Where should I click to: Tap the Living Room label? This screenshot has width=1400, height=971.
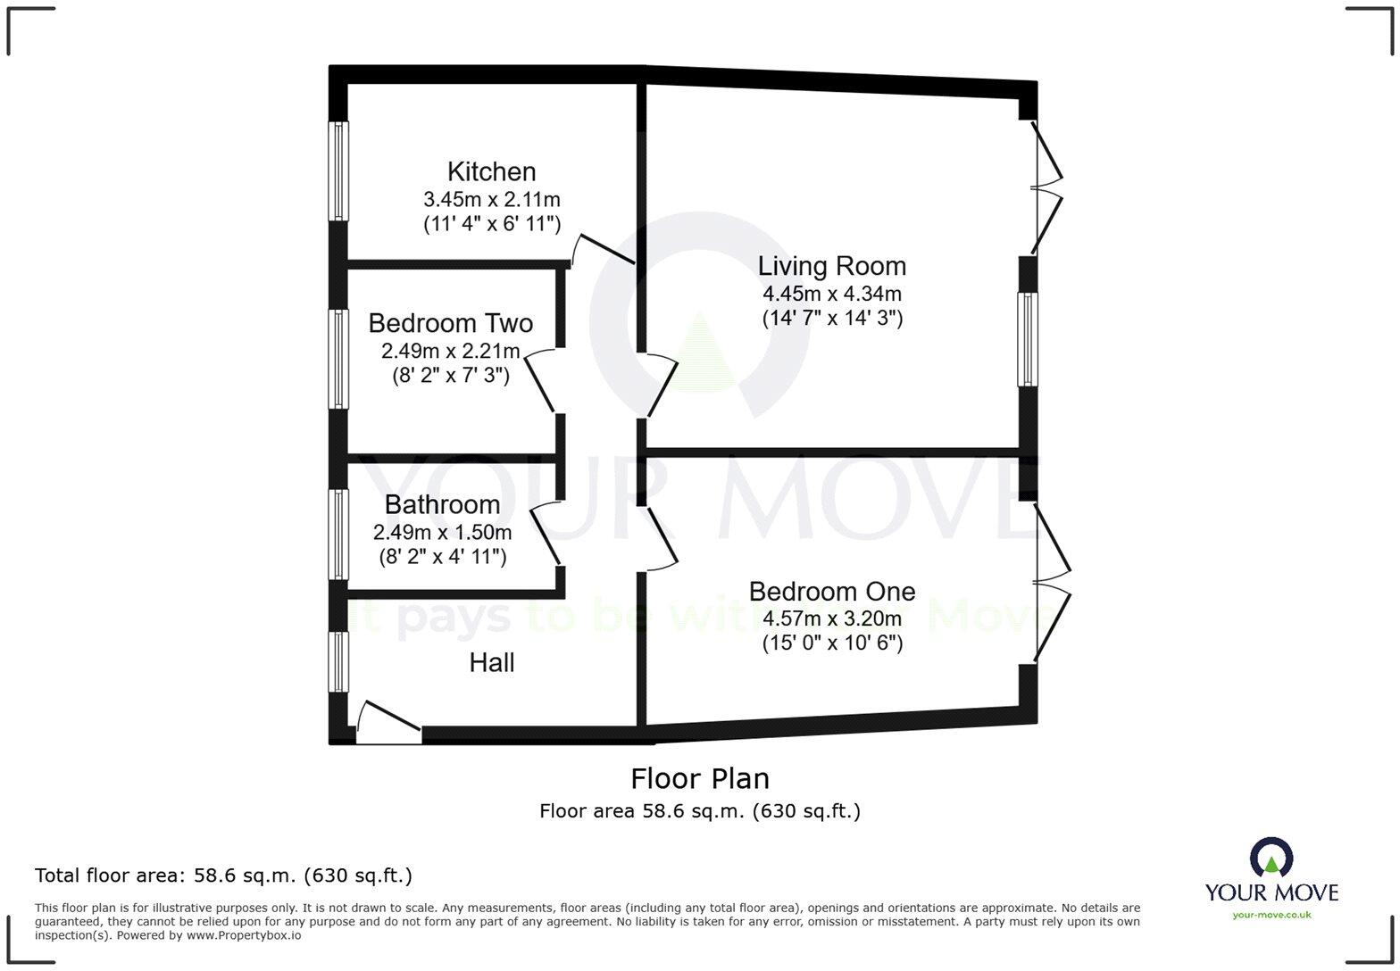click(831, 266)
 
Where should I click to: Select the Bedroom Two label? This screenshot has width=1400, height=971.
click(450, 323)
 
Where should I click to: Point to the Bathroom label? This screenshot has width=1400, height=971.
click(442, 505)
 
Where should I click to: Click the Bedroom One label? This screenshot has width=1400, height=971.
click(831, 592)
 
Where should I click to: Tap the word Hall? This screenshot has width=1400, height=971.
click(492, 663)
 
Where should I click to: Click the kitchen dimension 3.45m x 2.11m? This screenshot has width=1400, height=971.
click(491, 199)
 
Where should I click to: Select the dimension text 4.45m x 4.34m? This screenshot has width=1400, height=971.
click(831, 294)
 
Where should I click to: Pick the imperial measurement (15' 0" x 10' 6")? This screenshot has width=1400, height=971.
click(831, 643)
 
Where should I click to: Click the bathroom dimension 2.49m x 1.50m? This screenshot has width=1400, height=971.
click(442, 533)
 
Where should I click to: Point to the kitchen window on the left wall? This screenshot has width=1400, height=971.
click(338, 170)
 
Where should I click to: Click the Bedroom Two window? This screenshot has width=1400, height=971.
click(338, 359)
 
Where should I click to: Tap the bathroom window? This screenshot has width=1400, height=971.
click(338, 534)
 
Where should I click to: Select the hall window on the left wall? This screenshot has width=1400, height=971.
click(338, 661)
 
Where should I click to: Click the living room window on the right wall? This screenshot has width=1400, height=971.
click(1029, 339)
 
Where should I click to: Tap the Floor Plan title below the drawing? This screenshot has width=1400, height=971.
click(700, 779)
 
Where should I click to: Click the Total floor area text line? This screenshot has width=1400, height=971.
click(223, 876)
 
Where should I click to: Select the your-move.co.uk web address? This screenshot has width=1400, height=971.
click(1271, 914)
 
